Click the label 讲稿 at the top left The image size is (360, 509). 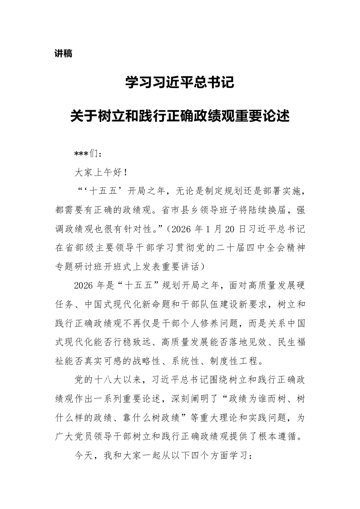pos(63,54)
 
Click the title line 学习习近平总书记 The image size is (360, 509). pos(180,83)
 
